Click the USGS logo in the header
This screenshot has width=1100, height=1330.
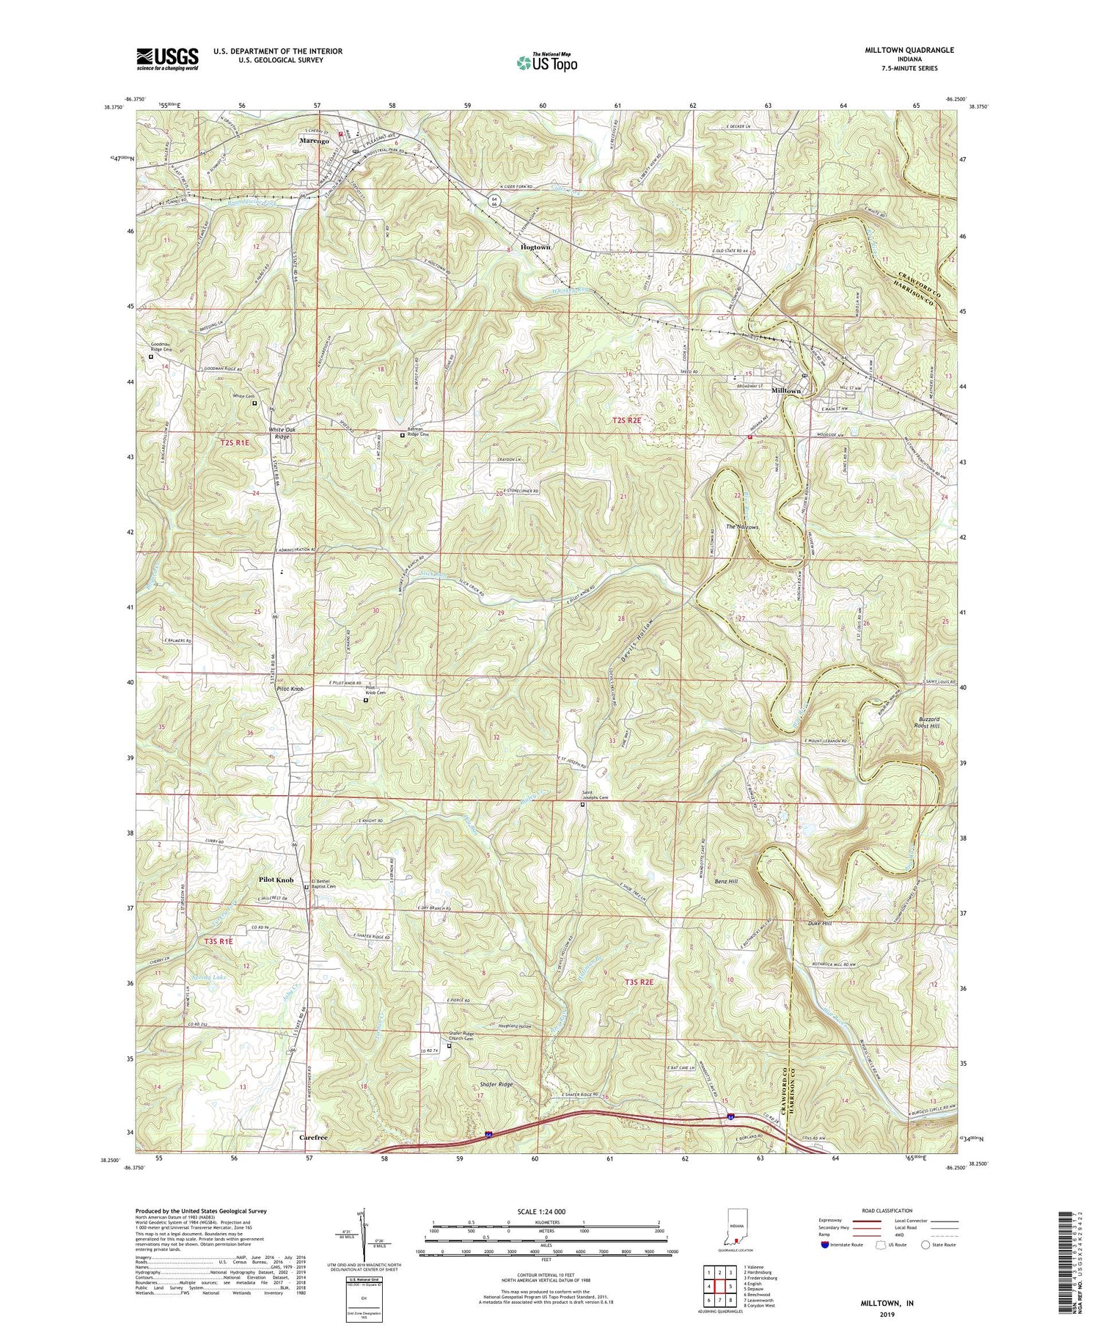[167, 59]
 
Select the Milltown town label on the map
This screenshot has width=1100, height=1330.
[786, 391]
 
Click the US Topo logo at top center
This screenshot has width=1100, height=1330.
[546, 62]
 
